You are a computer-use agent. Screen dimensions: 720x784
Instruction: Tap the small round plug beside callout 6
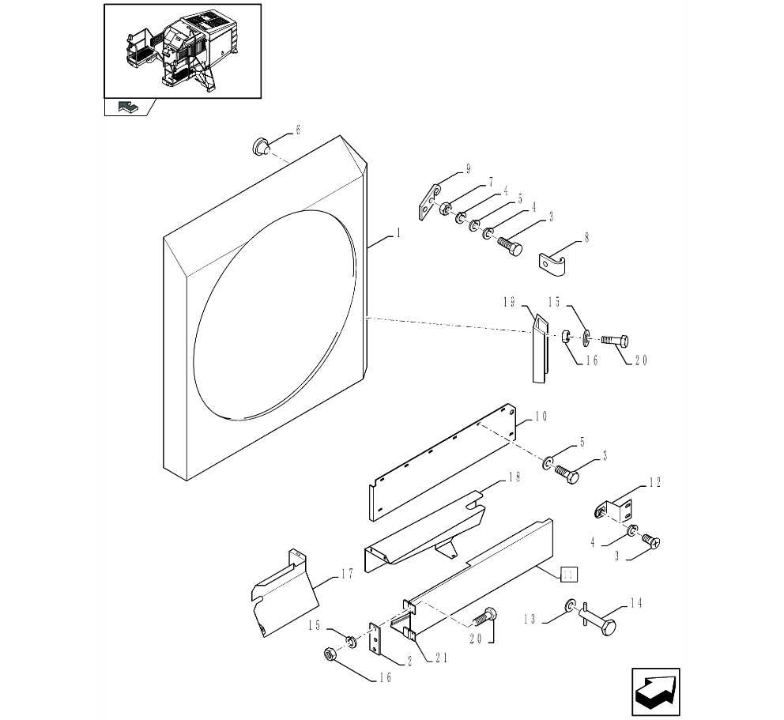click(x=260, y=146)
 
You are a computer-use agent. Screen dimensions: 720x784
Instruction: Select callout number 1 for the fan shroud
click(x=399, y=233)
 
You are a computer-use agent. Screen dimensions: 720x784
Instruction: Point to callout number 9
click(x=468, y=168)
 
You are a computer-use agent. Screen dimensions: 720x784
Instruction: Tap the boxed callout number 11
click(x=569, y=575)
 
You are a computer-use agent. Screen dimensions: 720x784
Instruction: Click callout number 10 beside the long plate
click(x=541, y=416)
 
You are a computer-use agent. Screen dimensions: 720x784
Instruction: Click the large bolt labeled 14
click(x=601, y=621)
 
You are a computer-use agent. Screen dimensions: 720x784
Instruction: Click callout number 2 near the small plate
click(x=409, y=662)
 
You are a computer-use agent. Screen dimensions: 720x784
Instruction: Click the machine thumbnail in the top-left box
click(x=183, y=50)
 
